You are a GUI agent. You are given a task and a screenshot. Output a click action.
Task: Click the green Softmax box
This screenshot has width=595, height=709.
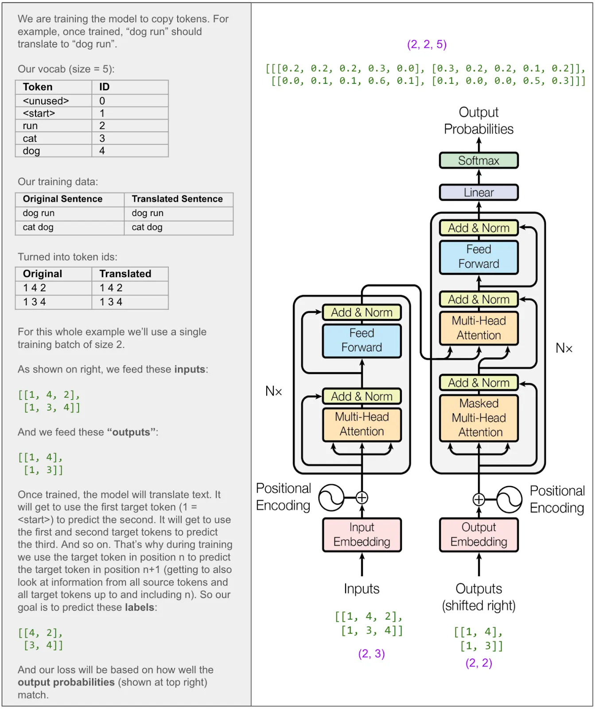478,160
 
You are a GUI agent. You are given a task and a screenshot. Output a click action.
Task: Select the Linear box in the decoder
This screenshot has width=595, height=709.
478,192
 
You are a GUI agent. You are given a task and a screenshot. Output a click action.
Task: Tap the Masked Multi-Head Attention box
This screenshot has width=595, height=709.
478,418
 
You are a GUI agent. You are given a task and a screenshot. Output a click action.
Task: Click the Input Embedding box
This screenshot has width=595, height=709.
362,534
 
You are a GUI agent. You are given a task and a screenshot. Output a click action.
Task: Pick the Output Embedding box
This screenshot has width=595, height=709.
478,534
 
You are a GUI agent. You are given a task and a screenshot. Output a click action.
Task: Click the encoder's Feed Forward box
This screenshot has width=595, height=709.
362,340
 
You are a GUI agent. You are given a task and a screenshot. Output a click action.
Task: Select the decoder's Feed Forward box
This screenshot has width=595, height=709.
478,257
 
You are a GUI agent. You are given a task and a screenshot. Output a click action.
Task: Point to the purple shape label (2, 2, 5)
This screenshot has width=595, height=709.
427,44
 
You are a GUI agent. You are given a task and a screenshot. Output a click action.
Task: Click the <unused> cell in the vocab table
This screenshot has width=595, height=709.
46,101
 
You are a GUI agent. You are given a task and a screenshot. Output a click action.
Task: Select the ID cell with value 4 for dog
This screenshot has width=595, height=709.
102,151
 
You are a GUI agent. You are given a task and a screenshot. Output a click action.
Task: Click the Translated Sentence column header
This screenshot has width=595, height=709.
177,199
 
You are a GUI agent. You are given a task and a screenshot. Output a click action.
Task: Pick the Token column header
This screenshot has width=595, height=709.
38,87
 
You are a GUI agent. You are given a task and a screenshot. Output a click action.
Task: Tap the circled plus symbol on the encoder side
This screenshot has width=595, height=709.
362,498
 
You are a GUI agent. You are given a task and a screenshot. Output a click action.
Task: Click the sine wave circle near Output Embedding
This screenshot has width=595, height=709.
509,499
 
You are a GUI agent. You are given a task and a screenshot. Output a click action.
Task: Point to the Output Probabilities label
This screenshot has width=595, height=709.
478,121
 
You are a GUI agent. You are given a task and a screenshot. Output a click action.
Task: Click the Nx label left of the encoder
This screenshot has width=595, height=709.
273,391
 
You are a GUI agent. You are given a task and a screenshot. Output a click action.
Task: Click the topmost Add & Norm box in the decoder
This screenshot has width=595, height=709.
478,228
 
